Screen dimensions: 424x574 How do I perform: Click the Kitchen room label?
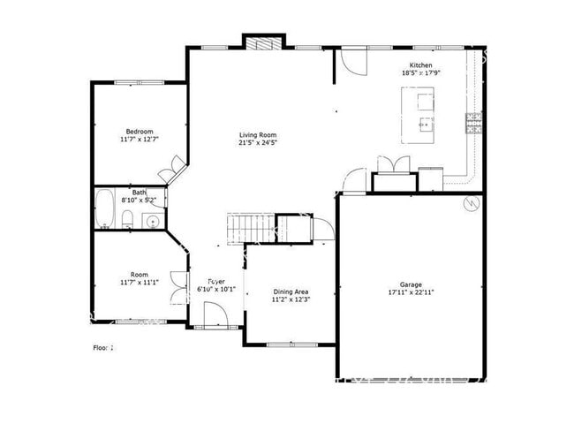(x=420, y=64)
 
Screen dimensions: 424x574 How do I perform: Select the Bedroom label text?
(x=140, y=132)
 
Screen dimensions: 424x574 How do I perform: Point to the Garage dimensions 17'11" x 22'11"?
(x=411, y=292)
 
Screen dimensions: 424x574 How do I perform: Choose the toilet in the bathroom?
(x=128, y=219)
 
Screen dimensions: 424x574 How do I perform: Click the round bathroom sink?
(x=151, y=222)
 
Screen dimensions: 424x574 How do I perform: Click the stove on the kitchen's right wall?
(x=474, y=125)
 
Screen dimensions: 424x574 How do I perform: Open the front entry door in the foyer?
(x=213, y=315)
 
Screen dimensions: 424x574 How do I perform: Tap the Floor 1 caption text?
(x=104, y=348)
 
